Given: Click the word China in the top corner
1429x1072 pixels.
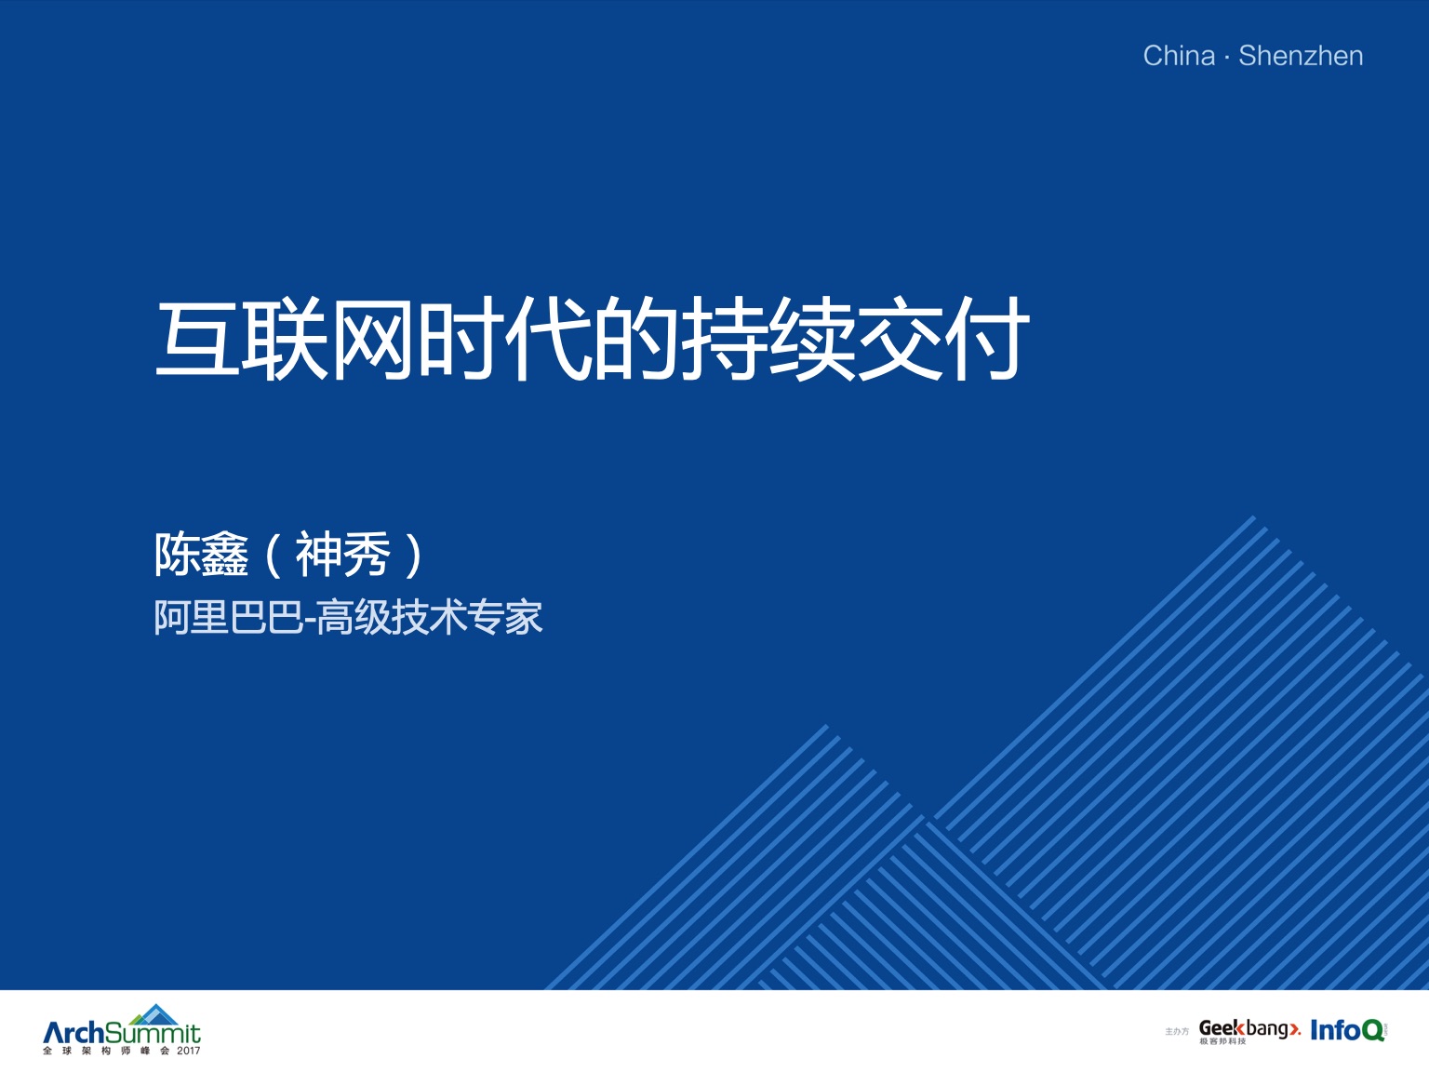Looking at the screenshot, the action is tap(1179, 56).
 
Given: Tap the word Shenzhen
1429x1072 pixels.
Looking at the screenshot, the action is tap(1301, 56).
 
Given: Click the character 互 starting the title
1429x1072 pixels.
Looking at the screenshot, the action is tap(197, 339).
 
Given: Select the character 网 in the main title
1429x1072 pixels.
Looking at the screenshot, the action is tap(372, 339).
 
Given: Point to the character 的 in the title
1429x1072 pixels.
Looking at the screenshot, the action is tap(634, 339).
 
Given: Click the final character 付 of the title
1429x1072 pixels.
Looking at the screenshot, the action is tap(985, 339).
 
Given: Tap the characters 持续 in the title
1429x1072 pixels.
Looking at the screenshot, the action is tap(767, 339).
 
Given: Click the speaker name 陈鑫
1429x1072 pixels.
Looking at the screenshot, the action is tap(201, 555).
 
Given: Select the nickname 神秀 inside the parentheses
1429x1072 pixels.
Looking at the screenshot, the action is tap(343, 555).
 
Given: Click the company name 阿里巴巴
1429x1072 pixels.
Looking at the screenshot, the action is tap(229, 617).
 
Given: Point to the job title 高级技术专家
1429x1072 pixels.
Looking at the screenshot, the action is tap(430, 617).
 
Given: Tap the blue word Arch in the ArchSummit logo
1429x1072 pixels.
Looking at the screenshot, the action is tap(73, 1032).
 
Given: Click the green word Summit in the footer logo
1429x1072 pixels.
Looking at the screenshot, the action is tap(153, 1033).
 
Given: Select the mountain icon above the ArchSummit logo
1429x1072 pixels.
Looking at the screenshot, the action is tap(155, 1014).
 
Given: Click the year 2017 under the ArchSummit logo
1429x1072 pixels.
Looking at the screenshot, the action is tap(189, 1051).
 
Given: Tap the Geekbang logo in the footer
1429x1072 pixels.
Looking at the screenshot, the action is tap(1250, 1030).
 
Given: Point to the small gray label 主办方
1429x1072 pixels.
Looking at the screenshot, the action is tap(1176, 1032).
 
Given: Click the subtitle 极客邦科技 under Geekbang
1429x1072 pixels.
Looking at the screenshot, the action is tap(1222, 1041).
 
